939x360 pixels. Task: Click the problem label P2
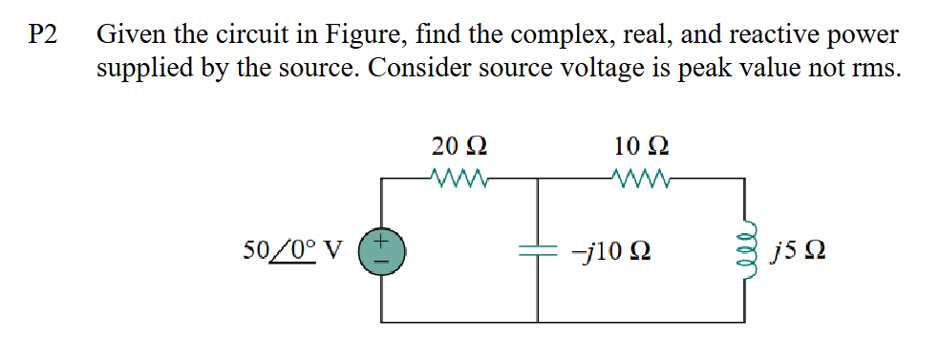point(43,35)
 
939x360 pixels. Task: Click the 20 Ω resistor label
point(459,147)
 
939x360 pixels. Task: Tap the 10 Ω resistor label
point(641,147)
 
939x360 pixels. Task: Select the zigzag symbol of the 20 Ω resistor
point(461,178)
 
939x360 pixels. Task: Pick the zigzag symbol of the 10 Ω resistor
point(641,178)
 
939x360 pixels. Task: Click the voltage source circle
point(382,253)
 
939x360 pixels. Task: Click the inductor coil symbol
point(745,253)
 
